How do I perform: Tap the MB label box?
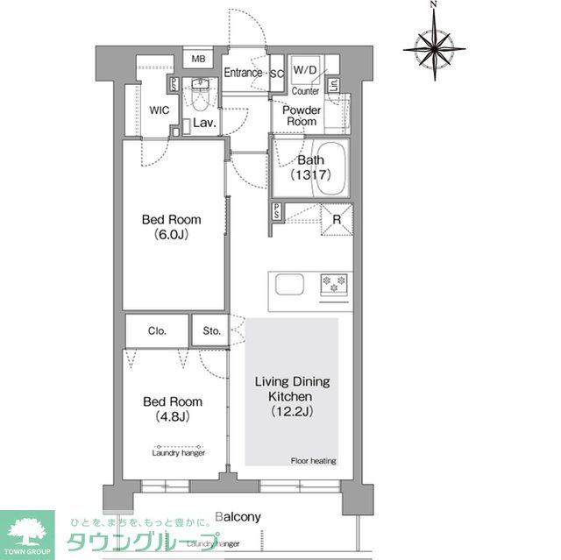point(198,59)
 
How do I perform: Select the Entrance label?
point(243,72)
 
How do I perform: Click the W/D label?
point(305,70)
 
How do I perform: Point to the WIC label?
point(160,111)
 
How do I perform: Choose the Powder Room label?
point(301,116)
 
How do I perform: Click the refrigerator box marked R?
point(337,220)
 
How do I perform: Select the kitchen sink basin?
point(290,285)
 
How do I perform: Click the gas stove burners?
point(334,284)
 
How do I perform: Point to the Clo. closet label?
point(157,330)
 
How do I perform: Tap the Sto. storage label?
point(211,330)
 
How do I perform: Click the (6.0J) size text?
point(172,234)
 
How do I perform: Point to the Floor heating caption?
point(313,461)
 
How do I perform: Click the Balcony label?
point(238,517)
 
